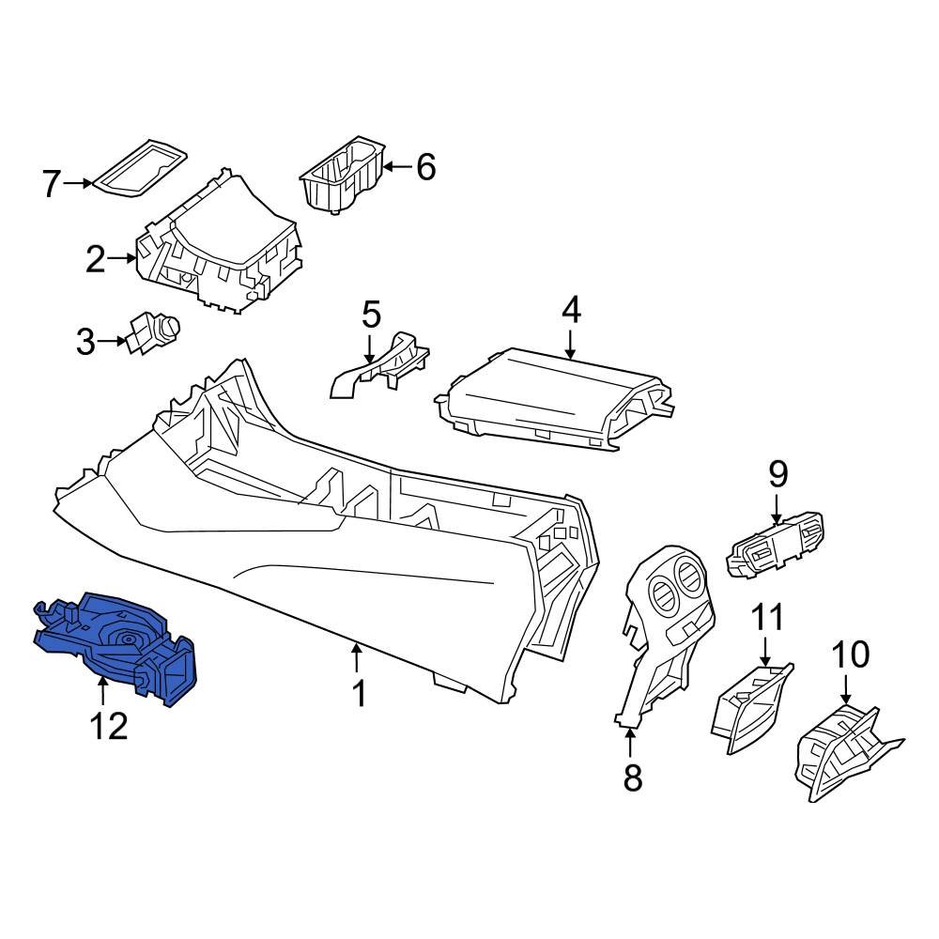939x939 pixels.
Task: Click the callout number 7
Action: (x=52, y=184)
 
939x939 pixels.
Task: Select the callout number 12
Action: (x=108, y=727)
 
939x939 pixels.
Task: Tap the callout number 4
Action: (x=571, y=310)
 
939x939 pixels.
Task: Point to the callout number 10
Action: (x=851, y=654)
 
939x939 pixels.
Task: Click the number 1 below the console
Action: (x=359, y=694)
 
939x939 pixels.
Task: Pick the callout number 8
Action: (x=632, y=777)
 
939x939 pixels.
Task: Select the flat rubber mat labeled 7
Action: (x=139, y=167)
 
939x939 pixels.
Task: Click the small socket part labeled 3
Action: (x=153, y=332)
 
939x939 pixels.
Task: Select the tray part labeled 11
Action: (x=751, y=708)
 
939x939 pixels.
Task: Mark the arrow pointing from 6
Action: (x=397, y=166)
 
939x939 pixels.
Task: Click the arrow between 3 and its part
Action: (x=113, y=341)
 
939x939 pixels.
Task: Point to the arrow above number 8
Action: (x=630, y=743)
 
